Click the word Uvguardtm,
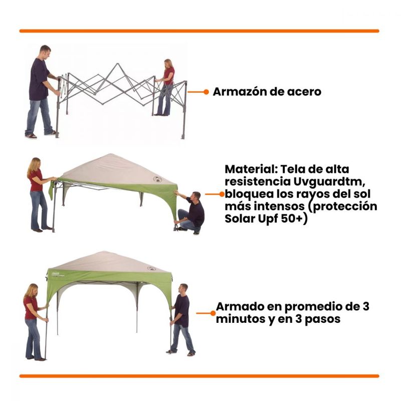[329, 182]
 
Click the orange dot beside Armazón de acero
[207, 92]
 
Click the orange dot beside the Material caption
[222, 194]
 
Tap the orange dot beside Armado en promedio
[213, 313]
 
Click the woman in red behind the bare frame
[166, 87]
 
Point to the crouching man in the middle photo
[190, 213]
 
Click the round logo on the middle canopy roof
[157, 179]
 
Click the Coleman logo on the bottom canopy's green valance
[56, 274]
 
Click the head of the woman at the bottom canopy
[33, 290]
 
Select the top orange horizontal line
[199, 31]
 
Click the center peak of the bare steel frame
[117, 64]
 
